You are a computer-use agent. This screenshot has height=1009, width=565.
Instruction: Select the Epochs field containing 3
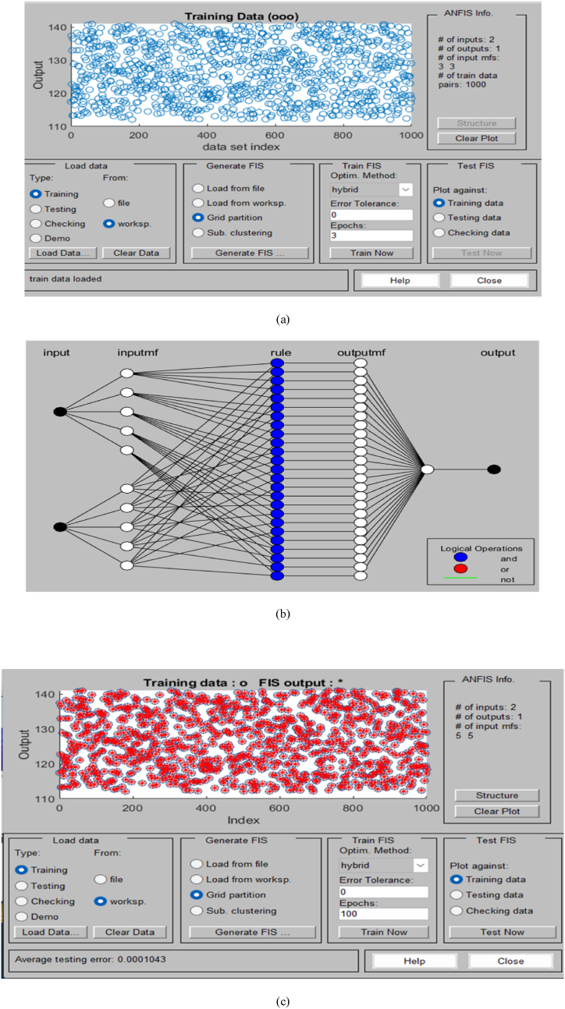coord(371,235)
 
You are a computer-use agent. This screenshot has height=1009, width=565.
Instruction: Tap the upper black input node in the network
coord(59,412)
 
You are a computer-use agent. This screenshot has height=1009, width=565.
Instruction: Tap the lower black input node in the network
coord(59,527)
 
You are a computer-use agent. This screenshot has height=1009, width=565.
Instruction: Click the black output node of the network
coord(493,469)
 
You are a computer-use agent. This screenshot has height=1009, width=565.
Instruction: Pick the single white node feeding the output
coord(427,469)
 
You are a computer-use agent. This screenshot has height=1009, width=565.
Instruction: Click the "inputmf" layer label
coord(137,353)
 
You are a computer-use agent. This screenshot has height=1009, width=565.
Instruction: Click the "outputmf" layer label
coord(360,353)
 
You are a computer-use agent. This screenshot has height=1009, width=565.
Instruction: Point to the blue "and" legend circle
coord(460,558)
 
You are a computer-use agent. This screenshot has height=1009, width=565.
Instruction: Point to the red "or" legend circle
coord(460,568)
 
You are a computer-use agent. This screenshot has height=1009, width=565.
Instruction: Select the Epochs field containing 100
coord(384,914)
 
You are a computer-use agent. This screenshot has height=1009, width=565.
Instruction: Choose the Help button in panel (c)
coord(414,961)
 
